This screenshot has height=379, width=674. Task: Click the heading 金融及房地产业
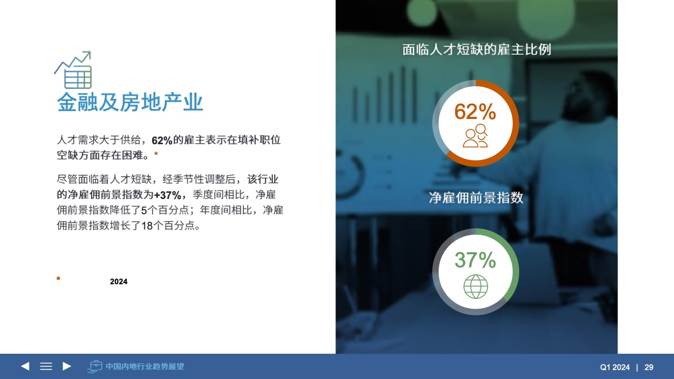130,102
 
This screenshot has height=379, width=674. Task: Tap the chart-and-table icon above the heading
73,70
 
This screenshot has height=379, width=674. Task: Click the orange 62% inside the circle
475,112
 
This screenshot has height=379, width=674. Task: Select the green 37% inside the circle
475,260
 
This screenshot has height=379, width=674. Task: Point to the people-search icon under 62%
475,136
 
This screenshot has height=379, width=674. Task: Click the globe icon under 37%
475,286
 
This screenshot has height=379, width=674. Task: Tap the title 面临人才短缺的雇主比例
477,49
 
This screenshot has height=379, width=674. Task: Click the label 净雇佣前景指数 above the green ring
476,197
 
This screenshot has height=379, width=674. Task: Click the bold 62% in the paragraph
162,141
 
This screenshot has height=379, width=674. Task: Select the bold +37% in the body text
167,195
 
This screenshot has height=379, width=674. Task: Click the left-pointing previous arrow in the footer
25,366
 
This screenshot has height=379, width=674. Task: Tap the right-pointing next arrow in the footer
67,366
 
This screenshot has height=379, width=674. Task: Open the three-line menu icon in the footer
46,366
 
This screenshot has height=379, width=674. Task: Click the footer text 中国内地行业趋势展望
145,366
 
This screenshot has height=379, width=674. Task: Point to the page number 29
649,367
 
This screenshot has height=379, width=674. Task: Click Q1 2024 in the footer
614,367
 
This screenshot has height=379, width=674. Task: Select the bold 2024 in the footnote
118,282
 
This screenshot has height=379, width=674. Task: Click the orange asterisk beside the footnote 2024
58,279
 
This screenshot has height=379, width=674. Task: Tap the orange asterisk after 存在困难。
156,154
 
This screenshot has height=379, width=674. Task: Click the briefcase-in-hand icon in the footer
95,366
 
